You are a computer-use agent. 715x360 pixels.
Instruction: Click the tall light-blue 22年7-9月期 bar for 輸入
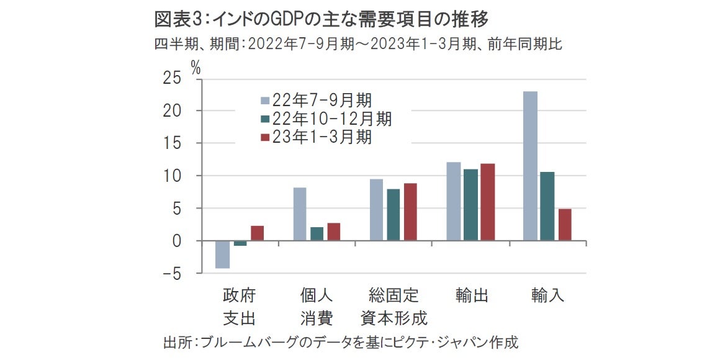530,166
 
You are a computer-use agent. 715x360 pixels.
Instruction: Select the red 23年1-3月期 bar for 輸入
564,225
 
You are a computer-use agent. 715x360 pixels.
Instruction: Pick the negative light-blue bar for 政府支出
222,254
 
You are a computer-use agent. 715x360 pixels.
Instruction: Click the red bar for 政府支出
257,233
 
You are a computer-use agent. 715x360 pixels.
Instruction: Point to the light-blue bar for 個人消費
300,214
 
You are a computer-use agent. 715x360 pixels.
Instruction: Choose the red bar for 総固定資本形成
410,212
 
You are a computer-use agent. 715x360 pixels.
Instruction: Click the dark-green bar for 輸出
470,205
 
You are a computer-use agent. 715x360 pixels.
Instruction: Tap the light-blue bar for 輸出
453,201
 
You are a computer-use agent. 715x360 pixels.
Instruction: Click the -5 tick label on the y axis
170,273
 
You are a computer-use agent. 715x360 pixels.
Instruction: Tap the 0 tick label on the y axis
177,241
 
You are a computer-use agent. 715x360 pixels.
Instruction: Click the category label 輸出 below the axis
471,295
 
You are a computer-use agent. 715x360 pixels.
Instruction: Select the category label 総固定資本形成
394,307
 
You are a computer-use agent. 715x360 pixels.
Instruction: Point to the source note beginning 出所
340,341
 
